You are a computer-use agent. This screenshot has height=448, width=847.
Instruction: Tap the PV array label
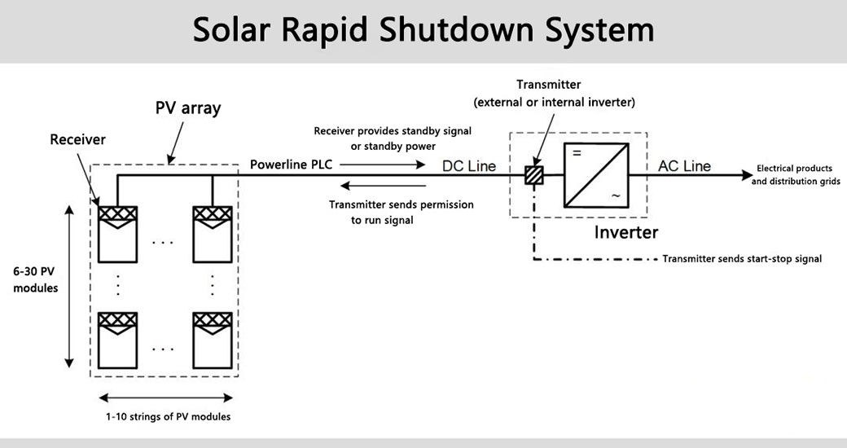pyautogui.click(x=188, y=108)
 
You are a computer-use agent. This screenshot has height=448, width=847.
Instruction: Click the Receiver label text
pyautogui.click(x=78, y=139)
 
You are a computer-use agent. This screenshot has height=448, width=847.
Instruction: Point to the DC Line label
pyautogui.click(x=468, y=166)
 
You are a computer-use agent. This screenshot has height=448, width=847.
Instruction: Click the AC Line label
pyautogui.click(x=684, y=166)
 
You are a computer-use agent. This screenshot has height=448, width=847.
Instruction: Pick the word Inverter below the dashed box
pyautogui.click(x=625, y=232)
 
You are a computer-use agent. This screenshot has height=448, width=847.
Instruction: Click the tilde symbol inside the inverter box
pyautogui.click(x=616, y=195)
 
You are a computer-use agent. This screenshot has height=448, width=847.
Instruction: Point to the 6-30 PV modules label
pyautogui.click(x=36, y=279)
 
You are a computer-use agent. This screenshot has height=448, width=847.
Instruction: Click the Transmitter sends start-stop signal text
pyautogui.click(x=742, y=259)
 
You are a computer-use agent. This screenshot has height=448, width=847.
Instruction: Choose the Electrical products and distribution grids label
pyautogui.click(x=795, y=174)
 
